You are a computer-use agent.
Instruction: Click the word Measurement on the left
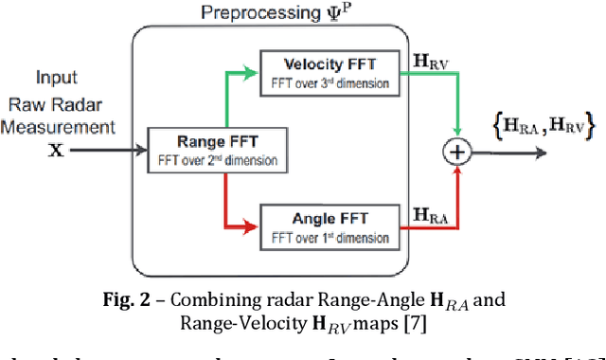(63, 125)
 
